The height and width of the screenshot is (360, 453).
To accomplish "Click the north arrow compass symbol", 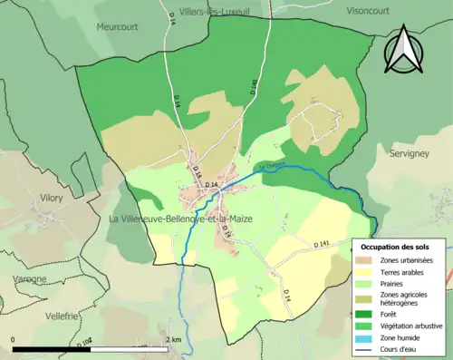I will tap(405, 49).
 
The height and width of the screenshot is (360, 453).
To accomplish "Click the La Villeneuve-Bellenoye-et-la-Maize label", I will tap(180, 219).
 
